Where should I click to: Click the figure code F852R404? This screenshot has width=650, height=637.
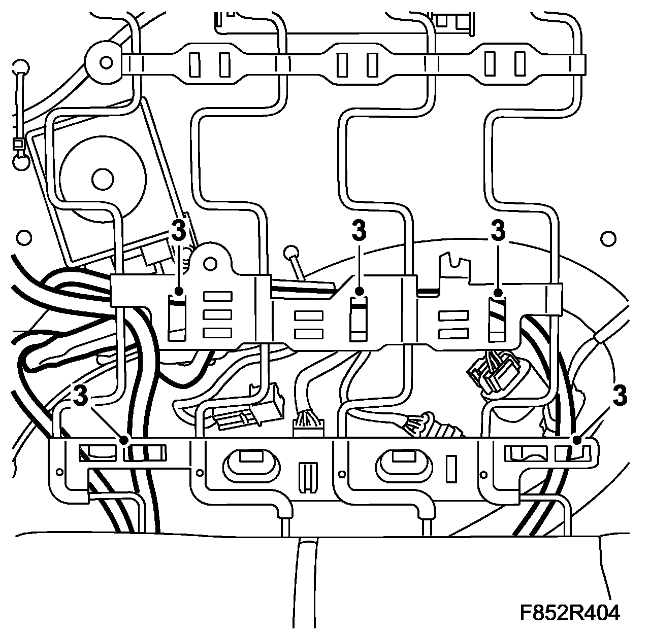point(569,613)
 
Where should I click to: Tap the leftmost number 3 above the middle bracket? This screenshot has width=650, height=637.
point(179,231)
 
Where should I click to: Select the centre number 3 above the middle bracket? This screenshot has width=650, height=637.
point(359,231)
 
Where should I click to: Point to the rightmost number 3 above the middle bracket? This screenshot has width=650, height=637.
point(498,231)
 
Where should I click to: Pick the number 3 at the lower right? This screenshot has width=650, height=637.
point(620,395)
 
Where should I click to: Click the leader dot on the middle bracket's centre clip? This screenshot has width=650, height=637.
point(359,292)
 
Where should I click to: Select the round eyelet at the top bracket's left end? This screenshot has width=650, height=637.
point(106,62)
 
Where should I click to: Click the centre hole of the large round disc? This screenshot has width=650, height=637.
point(101,179)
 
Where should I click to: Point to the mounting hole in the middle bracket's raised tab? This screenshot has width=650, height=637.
point(209,261)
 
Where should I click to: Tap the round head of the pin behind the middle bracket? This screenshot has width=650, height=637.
point(291,252)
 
